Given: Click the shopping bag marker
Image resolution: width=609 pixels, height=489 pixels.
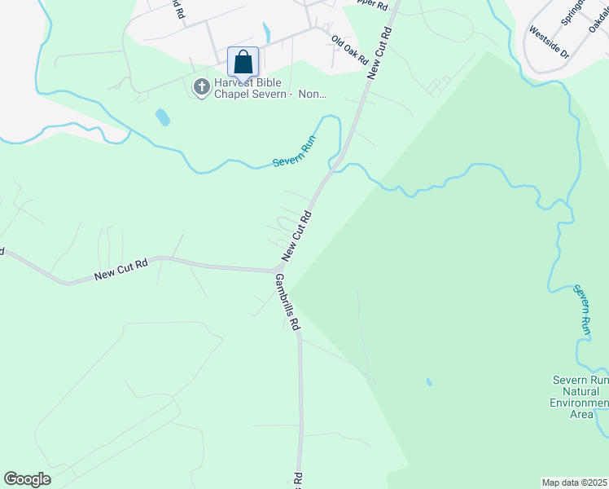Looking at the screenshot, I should pos(243,62).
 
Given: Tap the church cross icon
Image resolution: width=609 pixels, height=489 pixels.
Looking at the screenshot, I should pos(201,86).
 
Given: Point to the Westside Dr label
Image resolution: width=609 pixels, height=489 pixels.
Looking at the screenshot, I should pos(548,37).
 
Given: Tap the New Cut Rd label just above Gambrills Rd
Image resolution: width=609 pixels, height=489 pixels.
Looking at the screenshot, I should pos(298,236).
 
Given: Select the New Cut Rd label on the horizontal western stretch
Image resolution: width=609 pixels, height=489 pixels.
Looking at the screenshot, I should pos(120,269).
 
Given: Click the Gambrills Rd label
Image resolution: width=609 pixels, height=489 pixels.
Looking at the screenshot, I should pos(287,302).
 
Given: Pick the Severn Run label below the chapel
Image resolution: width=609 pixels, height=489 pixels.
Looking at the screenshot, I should pos(295,152).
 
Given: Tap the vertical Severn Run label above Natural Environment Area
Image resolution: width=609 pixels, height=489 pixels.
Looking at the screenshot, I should pos(581,309).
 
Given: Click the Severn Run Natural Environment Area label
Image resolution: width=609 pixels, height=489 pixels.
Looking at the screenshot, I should pos(580,397).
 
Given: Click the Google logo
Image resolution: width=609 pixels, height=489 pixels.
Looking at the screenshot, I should pos(27,479).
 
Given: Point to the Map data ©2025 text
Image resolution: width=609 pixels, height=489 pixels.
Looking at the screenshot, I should pos(574,482).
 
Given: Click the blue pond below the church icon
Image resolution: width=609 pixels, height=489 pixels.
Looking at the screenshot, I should pos(163,117).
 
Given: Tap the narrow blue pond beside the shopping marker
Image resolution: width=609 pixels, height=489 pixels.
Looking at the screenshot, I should pos(266,33).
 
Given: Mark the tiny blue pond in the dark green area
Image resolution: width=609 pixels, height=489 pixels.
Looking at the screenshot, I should pos(428,381).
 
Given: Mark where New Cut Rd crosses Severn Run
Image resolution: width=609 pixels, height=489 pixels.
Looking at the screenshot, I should pos(335,167).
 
